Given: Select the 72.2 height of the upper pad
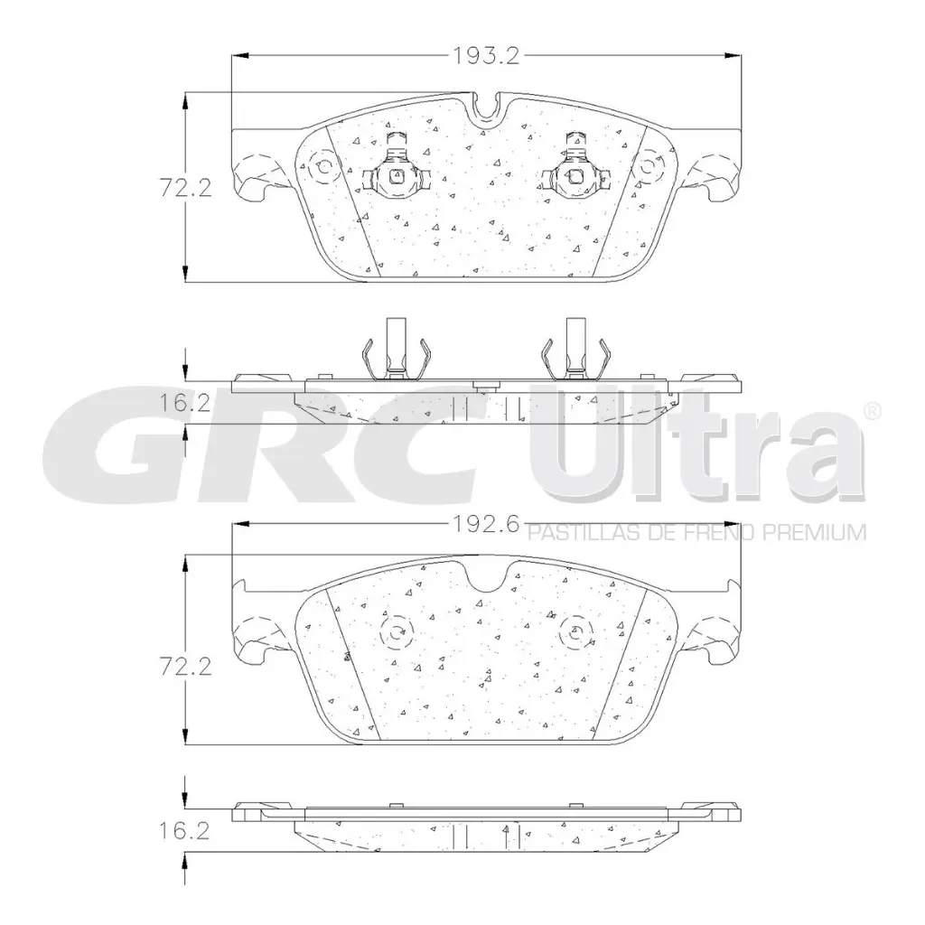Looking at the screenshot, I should click(x=185, y=189).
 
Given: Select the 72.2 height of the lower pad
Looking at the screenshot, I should click(x=185, y=668).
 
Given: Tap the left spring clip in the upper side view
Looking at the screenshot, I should click(x=394, y=354).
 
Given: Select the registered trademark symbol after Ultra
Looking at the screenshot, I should click(x=873, y=412).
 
